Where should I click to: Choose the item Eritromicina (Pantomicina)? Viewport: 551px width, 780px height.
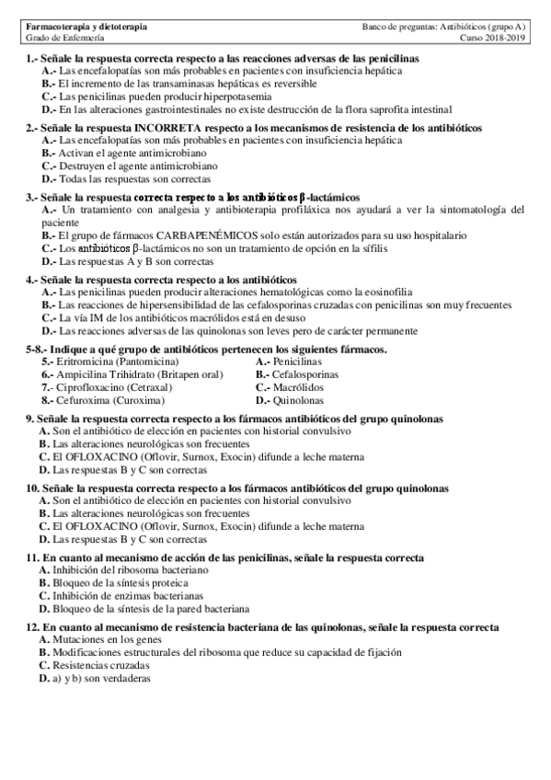coord(109,362)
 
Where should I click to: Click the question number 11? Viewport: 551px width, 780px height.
coord(32,558)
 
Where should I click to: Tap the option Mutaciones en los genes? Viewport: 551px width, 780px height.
coord(102,638)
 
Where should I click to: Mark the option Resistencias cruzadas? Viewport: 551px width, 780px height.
coord(97,664)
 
